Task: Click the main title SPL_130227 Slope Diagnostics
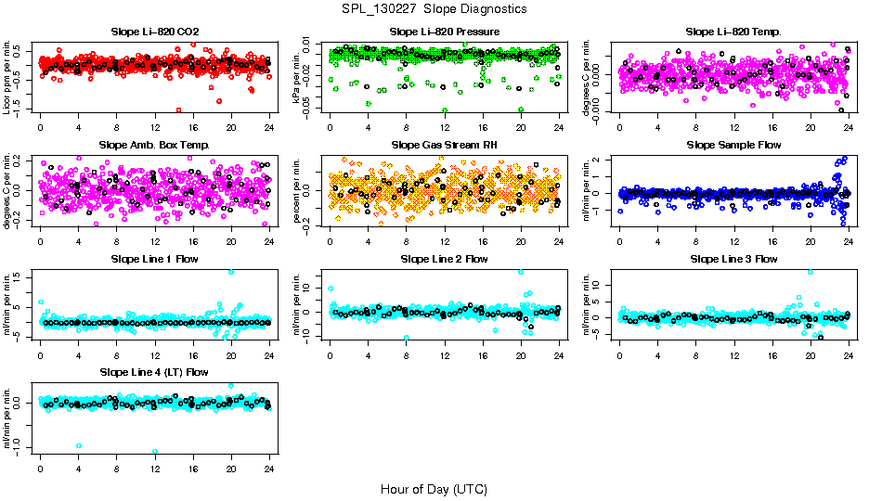click(x=434, y=8)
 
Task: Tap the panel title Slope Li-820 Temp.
click(x=733, y=32)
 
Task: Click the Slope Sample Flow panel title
click(x=733, y=145)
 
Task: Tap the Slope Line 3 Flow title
click(x=733, y=259)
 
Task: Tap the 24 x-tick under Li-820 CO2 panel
click(x=269, y=126)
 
